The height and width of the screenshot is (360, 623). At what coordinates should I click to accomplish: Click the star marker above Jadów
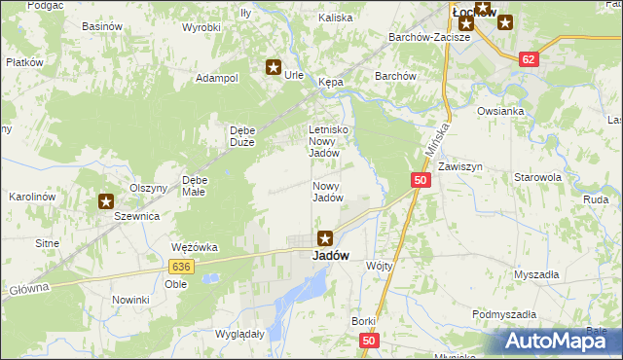(326, 236)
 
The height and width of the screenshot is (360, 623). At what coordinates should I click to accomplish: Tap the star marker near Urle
(274, 67)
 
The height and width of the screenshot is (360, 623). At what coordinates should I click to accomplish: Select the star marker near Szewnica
(105, 201)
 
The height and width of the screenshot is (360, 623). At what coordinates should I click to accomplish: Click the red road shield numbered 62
(529, 58)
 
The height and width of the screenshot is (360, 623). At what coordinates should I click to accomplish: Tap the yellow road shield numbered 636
(178, 266)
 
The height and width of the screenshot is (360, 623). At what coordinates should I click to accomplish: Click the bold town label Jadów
(325, 256)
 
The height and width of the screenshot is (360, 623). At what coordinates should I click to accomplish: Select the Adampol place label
(217, 78)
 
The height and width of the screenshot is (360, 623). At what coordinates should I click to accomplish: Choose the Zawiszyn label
(459, 167)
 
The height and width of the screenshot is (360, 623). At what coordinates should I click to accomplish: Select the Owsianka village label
(500, 111)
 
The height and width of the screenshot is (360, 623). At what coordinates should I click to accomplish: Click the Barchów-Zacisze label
(429, 37)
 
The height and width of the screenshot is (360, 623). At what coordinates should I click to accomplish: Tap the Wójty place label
(379, 265)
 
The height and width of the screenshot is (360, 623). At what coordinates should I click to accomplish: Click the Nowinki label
(129, 300)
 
